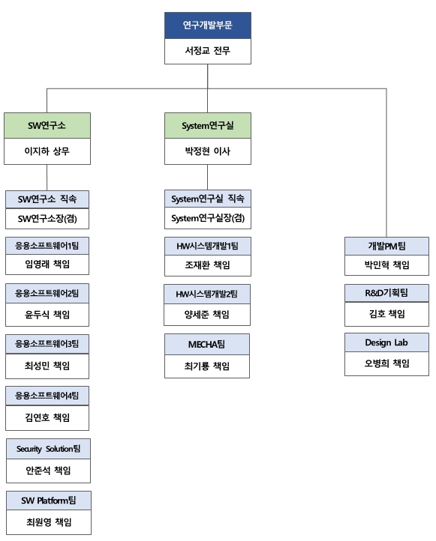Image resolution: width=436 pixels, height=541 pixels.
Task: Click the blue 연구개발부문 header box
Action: (x=208, y=25)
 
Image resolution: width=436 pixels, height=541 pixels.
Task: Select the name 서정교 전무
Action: (x=208, y=52)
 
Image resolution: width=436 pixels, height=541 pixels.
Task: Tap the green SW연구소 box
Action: (x=47, y=126)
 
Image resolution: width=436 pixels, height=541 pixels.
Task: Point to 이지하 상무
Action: (x=47, y=151)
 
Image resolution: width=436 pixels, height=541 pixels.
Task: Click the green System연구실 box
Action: (x=208, y=126)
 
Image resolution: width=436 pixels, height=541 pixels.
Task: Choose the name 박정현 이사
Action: (x=208, y=151)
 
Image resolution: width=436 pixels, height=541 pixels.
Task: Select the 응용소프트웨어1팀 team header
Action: (x=47, y=245)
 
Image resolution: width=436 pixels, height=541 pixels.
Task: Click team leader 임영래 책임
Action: (x=47, y=265)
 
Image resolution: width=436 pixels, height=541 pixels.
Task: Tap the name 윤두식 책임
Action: (x=47, y=314)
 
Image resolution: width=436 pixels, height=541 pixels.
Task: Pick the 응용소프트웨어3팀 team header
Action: (x=47, y=343)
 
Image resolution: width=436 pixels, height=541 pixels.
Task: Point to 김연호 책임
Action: (x=47, y=417)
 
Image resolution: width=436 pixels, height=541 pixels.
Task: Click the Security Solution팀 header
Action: (x=48, y=448)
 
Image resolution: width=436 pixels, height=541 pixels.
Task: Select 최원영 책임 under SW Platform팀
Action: (x=48, y=522)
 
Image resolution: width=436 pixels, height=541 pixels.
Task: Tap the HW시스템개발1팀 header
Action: (x=208, y=245)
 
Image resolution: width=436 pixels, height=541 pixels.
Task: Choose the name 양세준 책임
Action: (x=208, y=314)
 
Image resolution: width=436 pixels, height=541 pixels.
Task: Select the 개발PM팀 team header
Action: (x=386, y=245)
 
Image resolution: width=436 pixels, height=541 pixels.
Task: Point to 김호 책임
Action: (x=386, y=314)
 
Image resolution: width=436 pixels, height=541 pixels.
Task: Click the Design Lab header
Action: (x=386, y=343)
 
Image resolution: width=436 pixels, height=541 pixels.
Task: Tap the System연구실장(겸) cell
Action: (x=208, y=218)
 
